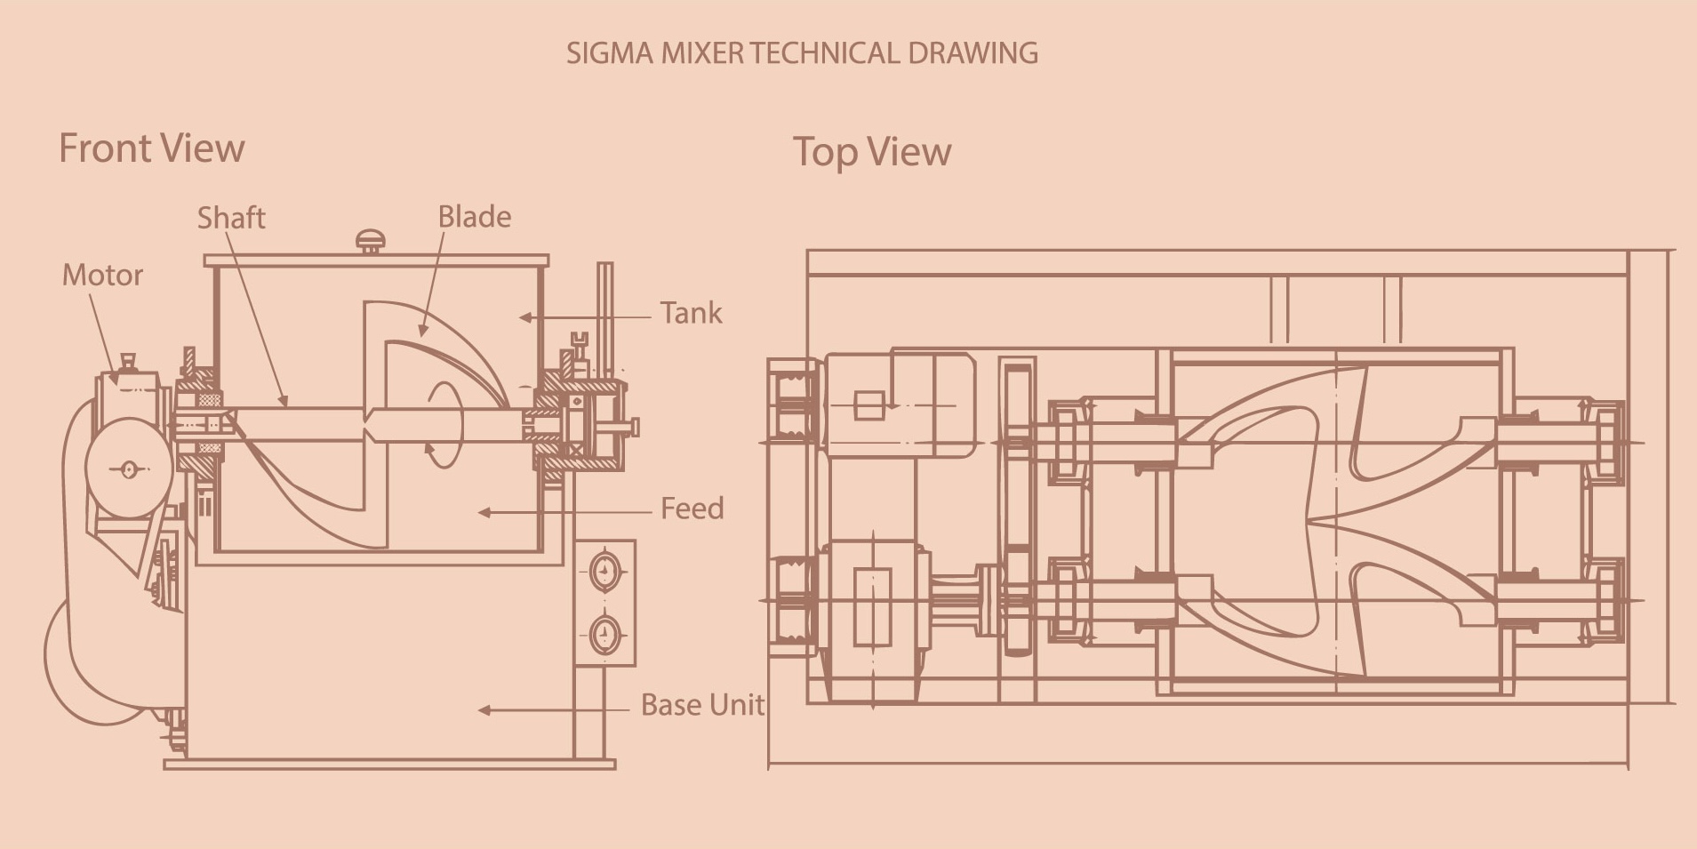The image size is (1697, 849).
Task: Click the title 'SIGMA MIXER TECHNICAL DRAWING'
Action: [x=802, y=53]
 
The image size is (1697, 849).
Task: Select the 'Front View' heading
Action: [x=151, y=148]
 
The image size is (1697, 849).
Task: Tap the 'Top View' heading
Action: [x=871, y=152]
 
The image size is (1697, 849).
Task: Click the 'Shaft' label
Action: [x=231, y=218]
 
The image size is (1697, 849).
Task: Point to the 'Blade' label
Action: [x=475, y=217]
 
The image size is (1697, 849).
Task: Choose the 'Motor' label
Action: [x=102, y=276]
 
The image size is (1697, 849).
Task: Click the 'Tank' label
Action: [x=691, y=314]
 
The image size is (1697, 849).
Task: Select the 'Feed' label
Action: [x=692, y=509]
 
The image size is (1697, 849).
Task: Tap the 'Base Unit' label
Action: [x=702, y=705]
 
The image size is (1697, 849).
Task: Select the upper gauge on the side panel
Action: [x=605, y=571]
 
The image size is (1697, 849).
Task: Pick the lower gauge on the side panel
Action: [x=605, y=635]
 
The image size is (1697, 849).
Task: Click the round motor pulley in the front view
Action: [x=129, y=468]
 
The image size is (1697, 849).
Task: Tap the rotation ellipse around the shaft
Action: [x=445, y=424]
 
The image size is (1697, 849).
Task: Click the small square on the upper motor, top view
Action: [x=869, y=405]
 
